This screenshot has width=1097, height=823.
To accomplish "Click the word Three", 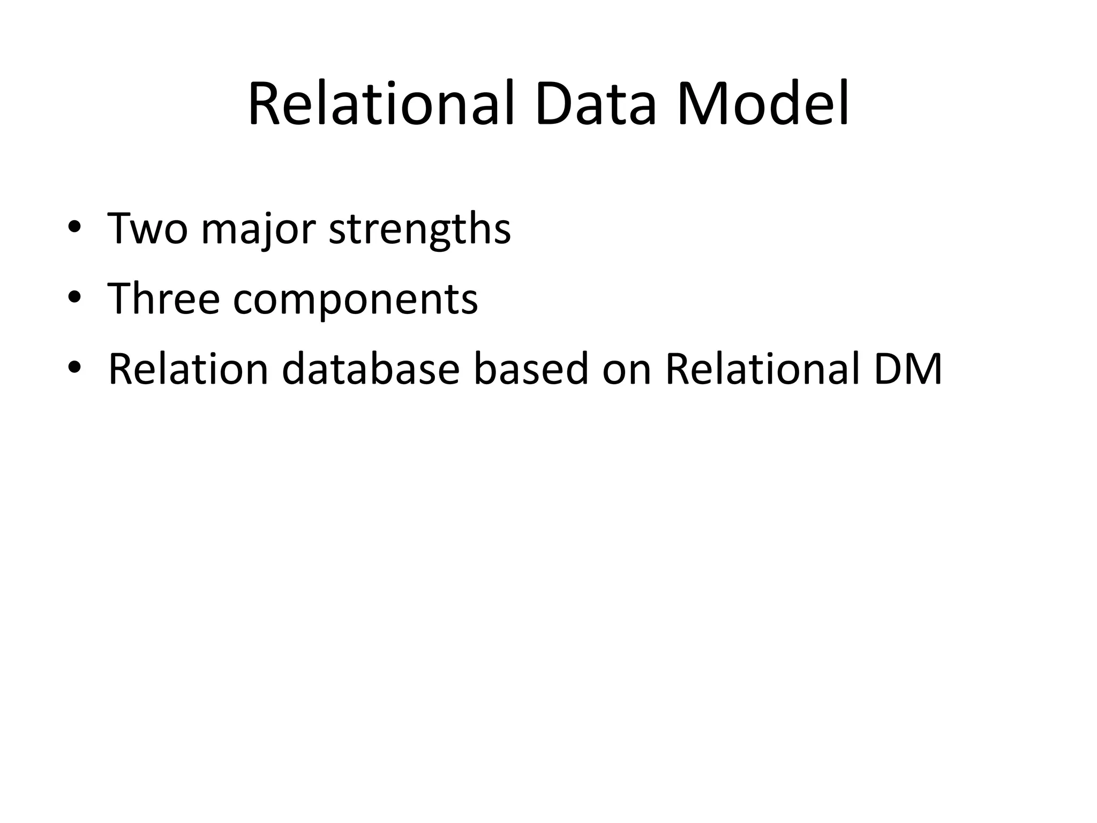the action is (x=163, y=298).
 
